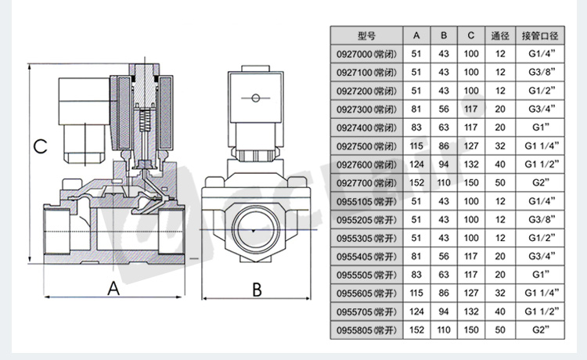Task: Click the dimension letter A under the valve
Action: [113, 289]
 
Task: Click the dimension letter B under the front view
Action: [257, 289]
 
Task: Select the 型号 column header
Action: [366, 36]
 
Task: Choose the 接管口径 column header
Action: [540, 36]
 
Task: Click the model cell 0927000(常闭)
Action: [366, 54]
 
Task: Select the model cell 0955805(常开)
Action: [366, 330]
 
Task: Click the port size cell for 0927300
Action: [540, 109]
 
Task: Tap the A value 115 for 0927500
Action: [416, 146]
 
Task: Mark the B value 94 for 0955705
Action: [444, 311]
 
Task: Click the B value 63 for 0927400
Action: [444, 128]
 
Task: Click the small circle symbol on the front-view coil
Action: [255, 99]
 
